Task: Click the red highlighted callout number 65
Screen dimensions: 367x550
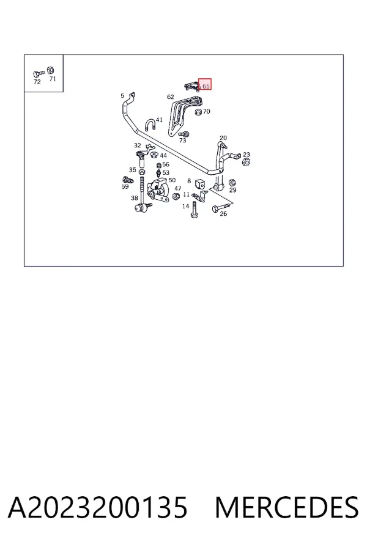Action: point(205,84)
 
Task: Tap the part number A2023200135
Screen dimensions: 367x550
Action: point(98,507)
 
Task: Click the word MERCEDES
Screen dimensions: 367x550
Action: point(287,507)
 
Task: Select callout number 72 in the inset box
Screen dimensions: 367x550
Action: point(37,82)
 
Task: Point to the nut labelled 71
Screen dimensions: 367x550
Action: point(50,70)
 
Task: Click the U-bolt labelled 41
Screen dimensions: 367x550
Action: point(149,125)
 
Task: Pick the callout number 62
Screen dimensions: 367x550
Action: point(170,97)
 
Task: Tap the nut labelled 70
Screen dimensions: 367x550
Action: point(198,112)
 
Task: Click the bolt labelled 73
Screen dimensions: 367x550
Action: point(183,134)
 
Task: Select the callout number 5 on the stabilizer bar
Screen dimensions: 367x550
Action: point(122,95)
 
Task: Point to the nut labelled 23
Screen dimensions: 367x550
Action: point(246,162)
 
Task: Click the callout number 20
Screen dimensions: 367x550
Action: point(223,138)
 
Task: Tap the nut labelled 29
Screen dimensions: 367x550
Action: point(232,182)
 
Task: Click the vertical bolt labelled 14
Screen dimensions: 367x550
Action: point(194,210)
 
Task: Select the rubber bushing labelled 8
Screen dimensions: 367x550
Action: point(200,184)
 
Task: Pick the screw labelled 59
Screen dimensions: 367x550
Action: point(128,180)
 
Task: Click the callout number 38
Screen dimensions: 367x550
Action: point(135,198)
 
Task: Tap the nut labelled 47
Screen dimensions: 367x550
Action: point(176,196)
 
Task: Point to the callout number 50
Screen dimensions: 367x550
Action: point(172,180)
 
